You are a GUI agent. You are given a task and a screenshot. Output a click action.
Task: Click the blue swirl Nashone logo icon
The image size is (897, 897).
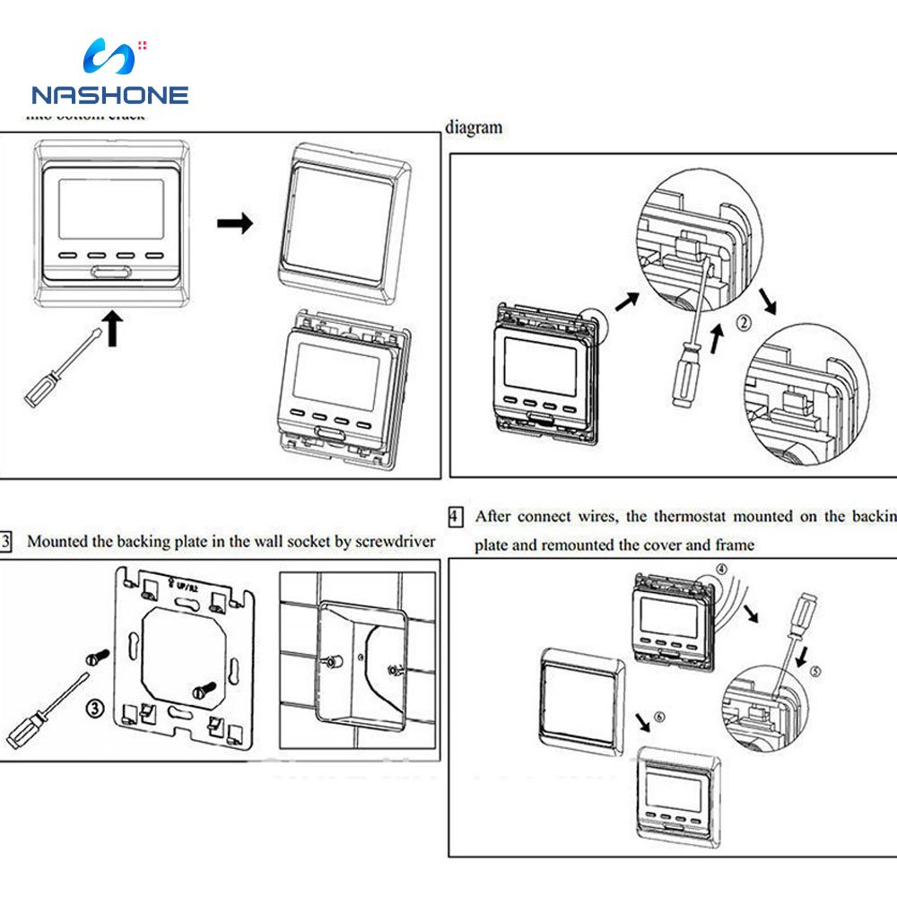tap(109, 57)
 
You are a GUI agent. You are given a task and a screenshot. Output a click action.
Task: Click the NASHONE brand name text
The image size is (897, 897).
tap(109, 95)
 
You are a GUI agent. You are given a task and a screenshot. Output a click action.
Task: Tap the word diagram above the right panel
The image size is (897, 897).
tap(474, 127)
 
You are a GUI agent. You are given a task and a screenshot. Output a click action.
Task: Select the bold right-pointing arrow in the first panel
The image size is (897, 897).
tap(235, 223)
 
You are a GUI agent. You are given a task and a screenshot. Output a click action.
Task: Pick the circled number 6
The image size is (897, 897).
tap(660, 717)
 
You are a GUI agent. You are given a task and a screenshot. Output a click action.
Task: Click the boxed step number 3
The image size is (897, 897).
tap(7, 542)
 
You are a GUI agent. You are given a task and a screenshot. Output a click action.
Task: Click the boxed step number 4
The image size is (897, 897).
tap(456, 517)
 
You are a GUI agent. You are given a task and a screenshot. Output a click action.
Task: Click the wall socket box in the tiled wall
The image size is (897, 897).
tap(361, 664)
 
